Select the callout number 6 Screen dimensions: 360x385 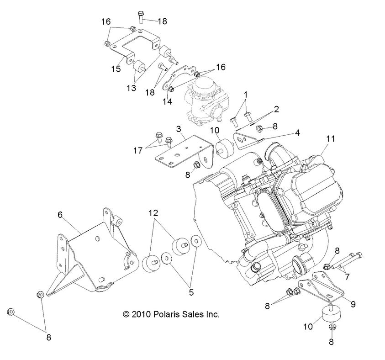(x=59, y=213)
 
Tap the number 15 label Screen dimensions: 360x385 (x=116, y=69)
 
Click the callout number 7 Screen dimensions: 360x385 (x=347, y=276)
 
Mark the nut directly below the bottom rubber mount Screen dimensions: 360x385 (x=332, y=327)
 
